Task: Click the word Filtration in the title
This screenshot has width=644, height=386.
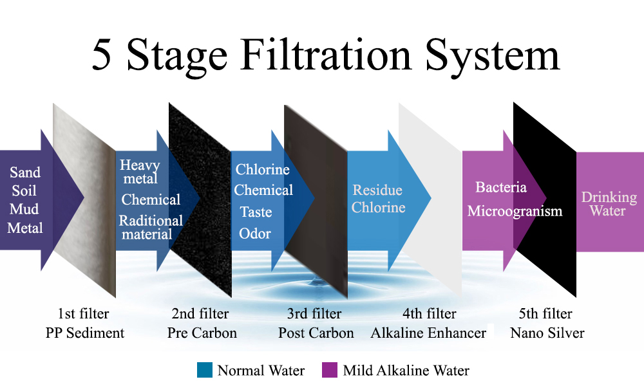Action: click(x=325, y=55)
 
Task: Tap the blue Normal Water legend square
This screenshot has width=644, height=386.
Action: click(x=205, y=369)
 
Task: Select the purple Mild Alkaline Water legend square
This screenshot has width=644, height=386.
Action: click(x=329, y=369)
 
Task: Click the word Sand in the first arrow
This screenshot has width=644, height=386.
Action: click(x=25, y=172)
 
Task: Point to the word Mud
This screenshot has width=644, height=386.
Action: click(x=24, y=209)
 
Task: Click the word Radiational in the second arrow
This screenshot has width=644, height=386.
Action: click(x=151, y=221)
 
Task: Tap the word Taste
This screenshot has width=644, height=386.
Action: click(x=256, y=212)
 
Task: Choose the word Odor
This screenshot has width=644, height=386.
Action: click(x=255, y=234)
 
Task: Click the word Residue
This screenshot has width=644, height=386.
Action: click(x=377, y=190)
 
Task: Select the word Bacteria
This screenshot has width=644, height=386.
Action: click(x=501, y=187)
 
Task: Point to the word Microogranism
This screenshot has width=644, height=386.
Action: click(x=515, y=211)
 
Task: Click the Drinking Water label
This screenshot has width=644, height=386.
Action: click(x=609, y=204)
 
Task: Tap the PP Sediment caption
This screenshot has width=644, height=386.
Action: click(x=84, y=333)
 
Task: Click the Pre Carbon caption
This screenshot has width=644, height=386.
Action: click(x=202, y=333)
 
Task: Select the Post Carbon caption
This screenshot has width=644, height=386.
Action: click(x=316, y=333)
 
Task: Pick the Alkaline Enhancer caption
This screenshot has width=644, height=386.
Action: click(x=428, y=333)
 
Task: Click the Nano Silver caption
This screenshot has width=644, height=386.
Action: click(x=547, y=333)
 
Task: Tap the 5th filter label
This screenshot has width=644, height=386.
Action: click(x=545, y=314)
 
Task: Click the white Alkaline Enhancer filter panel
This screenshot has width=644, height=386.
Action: click(x=430, y=200)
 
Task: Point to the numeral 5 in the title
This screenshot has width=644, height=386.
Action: click(x=101, y=55)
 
